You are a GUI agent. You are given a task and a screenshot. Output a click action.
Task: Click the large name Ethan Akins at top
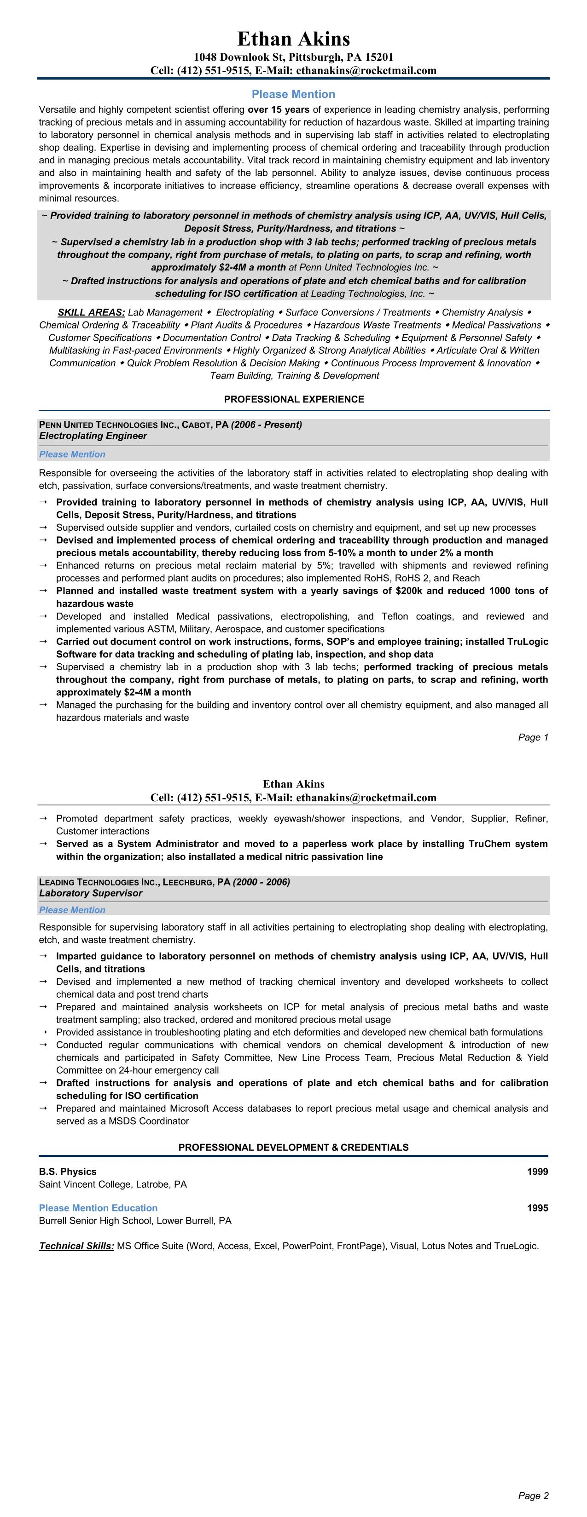point(294,39)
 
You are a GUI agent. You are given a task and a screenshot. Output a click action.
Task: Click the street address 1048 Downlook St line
point(294,57)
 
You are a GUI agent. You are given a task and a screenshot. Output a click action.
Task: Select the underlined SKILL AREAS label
point(91,312)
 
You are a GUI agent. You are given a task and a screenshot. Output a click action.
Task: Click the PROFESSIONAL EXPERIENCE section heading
point(294,399)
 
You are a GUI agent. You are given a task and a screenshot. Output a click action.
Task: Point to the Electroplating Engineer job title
point(93,436)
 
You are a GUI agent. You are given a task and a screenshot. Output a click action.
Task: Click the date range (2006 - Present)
point(267,425)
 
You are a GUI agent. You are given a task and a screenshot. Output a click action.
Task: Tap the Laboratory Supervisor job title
point(91,893)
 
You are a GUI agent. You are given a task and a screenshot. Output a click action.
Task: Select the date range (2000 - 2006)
point(261,882)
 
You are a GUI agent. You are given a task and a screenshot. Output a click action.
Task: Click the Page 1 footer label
point(533,737)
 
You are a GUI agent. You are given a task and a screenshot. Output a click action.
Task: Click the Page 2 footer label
point(533,1495)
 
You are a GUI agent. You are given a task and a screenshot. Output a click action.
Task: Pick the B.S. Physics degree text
point(68,1171)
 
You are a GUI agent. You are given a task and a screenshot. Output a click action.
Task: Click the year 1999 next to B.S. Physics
point(537,1171)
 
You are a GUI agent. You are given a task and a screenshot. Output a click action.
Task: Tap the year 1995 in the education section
point(537,1208)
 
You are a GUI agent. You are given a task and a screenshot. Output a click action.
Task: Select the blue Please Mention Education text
point(99,1208)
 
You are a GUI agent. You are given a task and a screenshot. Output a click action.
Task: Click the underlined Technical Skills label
point(76,1246)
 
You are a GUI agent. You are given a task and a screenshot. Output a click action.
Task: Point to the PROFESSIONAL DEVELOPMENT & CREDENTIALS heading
point(294,1147)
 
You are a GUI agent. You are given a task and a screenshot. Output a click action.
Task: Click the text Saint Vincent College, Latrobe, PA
point(113,1184)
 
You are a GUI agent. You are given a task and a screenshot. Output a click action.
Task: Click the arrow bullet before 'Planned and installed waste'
point(44,591)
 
